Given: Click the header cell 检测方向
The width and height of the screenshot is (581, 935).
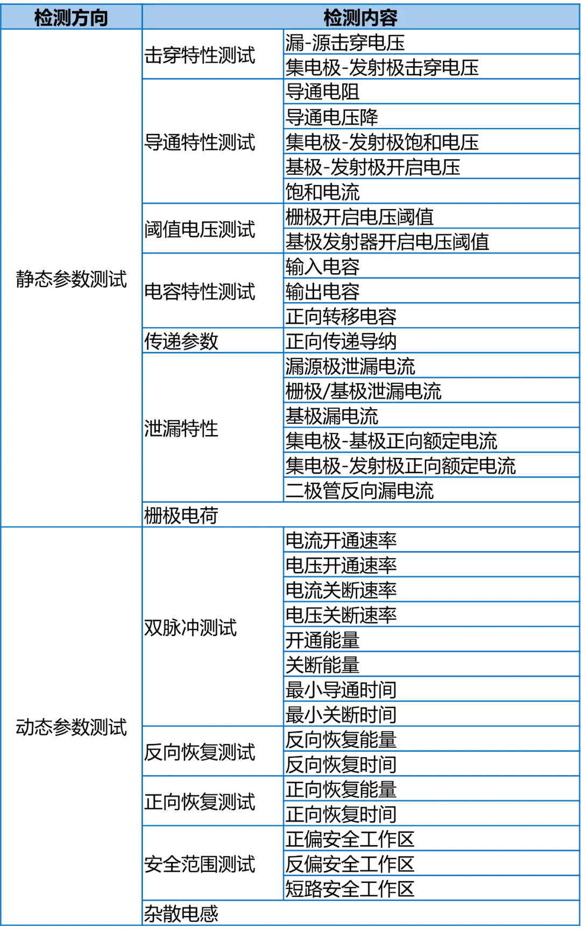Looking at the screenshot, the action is (71, 17).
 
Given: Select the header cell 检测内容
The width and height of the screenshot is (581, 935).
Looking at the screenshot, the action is (360, 17).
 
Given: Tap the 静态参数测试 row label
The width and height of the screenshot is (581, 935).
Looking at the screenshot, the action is (71, 279).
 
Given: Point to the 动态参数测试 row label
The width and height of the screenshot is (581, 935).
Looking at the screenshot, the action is (71, 726).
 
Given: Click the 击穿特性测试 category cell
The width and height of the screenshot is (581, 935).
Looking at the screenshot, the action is (213, 54).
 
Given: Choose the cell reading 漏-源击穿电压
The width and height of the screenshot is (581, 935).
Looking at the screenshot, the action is (431, 42).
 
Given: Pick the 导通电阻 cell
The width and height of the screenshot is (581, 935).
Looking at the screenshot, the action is (431, 91).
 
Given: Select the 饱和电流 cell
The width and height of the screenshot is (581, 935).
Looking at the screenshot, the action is (431, 191).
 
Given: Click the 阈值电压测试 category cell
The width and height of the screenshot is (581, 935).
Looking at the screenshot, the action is (213, 229).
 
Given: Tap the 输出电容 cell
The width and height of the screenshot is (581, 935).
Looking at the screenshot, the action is (431, 291).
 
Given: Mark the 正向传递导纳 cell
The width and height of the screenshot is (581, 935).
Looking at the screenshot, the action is (431, 341).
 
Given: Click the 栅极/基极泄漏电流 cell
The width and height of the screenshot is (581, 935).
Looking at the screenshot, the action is (431, 390).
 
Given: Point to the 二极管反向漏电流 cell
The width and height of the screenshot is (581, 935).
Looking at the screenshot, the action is (431, 490).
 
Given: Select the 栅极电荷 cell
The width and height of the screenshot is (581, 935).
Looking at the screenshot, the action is (361, 515).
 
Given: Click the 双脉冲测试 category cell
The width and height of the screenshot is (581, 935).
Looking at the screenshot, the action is (213, 627).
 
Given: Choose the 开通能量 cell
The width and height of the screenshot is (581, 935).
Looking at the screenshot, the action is (431, 639).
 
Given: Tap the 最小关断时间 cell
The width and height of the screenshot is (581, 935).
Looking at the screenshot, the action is (431, 714).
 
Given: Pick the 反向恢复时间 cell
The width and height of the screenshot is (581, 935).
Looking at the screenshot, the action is (431, 764).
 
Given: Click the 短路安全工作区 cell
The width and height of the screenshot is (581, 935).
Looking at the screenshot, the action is (431, 888).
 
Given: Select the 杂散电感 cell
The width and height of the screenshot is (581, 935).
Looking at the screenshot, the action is (361, 913).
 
